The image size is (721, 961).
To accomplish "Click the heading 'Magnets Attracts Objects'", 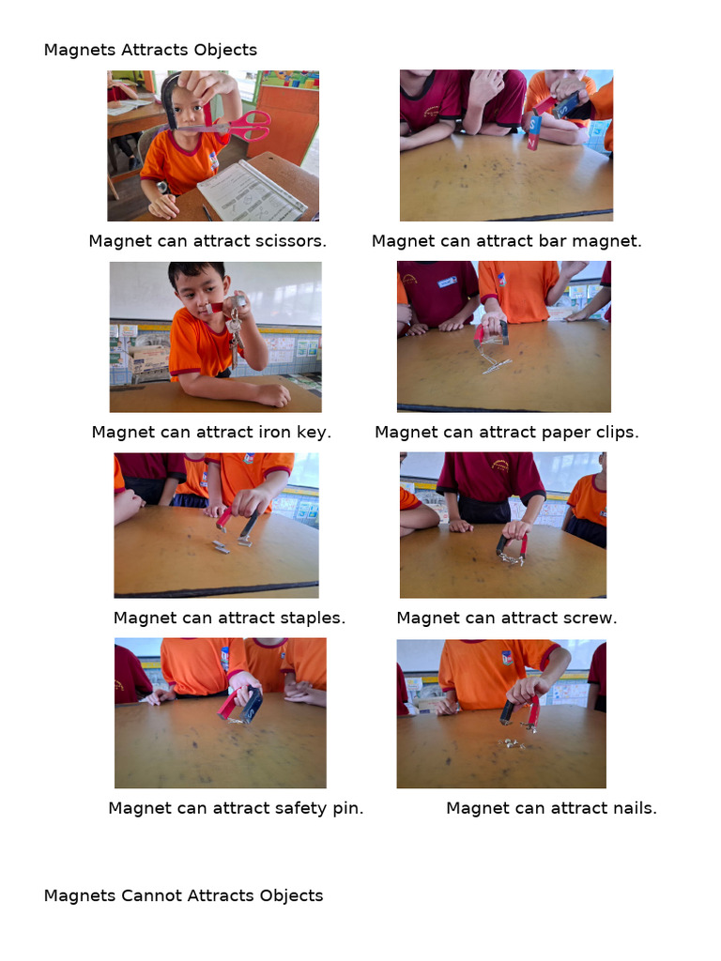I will click(150, 50).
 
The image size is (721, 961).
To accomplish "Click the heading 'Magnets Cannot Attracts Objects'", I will click(183, 895).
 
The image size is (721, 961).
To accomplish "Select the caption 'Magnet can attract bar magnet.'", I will click(506, 241).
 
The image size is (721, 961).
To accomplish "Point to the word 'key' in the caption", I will click(314, 433).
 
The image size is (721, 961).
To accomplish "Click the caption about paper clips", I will click(506, 433).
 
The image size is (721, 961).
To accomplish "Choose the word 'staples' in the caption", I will click(313, 618).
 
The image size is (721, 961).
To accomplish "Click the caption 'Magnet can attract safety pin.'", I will click(236, 808).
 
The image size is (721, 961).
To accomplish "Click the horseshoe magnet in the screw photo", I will click(512, 545).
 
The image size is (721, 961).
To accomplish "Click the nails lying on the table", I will click(512, 743).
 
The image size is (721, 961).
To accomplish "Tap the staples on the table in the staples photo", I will click(222, 546).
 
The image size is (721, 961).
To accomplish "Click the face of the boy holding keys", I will click(200, 291).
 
